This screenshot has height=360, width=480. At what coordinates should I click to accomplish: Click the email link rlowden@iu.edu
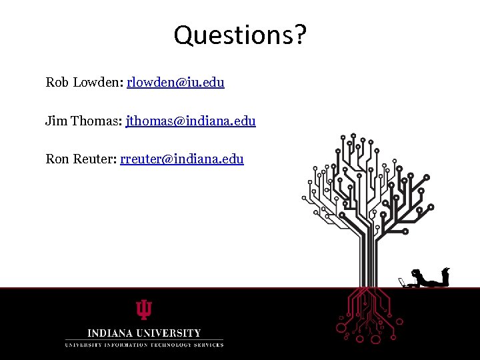point(175,83)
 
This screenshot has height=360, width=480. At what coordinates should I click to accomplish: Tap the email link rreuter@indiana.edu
point(182,159)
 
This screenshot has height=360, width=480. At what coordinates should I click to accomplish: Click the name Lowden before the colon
point(97,83)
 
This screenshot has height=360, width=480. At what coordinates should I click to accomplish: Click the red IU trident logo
point(144,310)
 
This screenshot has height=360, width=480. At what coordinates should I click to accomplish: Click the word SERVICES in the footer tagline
point(208,345)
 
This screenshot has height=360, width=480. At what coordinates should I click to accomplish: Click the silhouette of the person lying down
point(431,279)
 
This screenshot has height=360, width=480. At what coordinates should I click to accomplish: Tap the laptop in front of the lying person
point(402,283)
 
